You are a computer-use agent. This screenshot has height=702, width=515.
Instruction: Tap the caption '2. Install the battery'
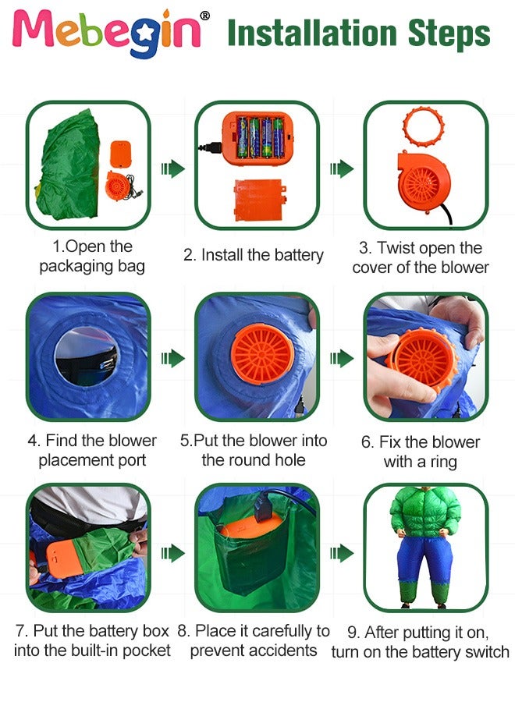253,255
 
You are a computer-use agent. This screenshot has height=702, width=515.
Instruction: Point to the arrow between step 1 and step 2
172,168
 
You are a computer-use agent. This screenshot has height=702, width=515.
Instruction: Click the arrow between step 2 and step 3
341,168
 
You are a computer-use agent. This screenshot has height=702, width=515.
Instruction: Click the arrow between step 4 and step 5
172,358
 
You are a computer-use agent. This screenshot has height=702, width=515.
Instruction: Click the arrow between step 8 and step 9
341,553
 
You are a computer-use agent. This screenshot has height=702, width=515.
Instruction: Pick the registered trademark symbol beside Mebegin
204,16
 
